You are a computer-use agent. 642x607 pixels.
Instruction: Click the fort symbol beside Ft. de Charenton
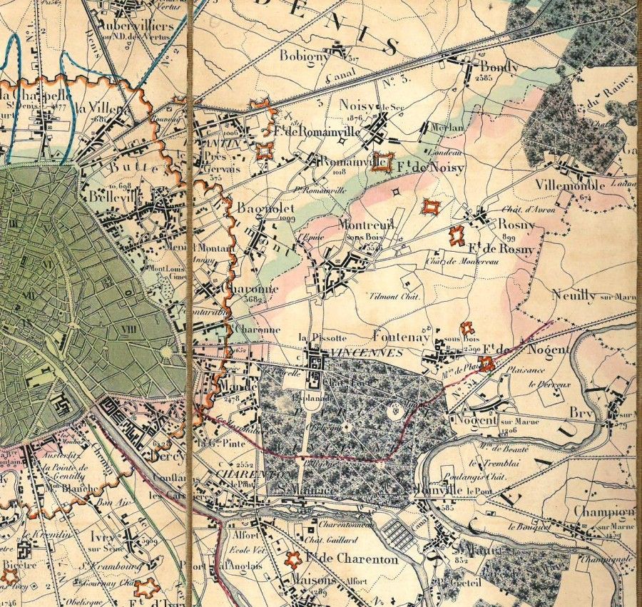[292, 559]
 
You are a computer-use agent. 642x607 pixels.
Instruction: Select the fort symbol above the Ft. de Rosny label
[457, 235]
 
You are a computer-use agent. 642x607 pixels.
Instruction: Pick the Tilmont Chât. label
[393, 296]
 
